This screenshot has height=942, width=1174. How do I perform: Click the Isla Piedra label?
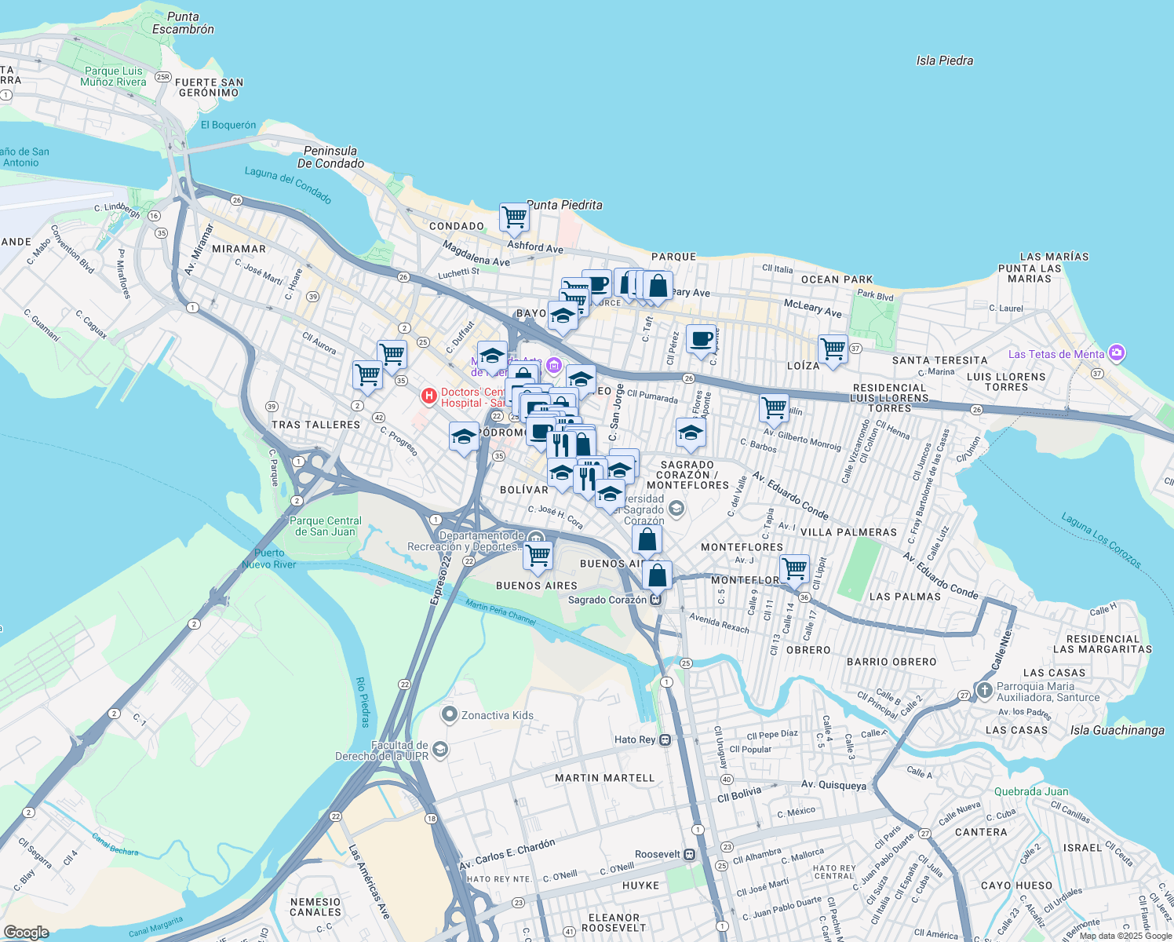(944, 60)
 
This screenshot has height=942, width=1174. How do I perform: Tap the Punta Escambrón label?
(183, 23)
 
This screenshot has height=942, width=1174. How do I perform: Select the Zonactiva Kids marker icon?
(450, 714)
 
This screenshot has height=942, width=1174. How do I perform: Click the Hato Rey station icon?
(665, 739)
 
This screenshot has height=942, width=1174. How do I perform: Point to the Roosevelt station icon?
(689, 854)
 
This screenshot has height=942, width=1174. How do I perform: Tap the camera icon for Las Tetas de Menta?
(1117, 353)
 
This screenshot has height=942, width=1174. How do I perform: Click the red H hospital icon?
(428, 396)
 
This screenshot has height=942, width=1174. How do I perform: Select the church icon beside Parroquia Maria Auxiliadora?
(984, 691)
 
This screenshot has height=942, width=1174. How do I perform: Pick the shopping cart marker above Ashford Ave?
(514, 217)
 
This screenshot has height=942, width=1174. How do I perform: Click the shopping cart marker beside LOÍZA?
(833, 348)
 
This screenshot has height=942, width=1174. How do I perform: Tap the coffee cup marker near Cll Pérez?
(701, 338)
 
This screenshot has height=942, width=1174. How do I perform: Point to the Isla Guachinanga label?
(1117, 730)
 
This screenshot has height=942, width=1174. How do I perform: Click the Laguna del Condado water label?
(288, 185)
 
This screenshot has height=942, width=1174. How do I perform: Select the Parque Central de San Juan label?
(326, 526)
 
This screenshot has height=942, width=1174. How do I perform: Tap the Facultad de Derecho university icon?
(440, 750)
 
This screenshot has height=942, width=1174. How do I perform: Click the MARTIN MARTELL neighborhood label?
(604, 778)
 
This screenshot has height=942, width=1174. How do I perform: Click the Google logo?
(26, 932)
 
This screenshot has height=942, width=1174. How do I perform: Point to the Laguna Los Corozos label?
(1101, 540)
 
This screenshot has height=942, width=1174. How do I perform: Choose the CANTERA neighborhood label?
(980, 832)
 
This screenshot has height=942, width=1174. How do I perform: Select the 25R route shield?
(162, 76)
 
